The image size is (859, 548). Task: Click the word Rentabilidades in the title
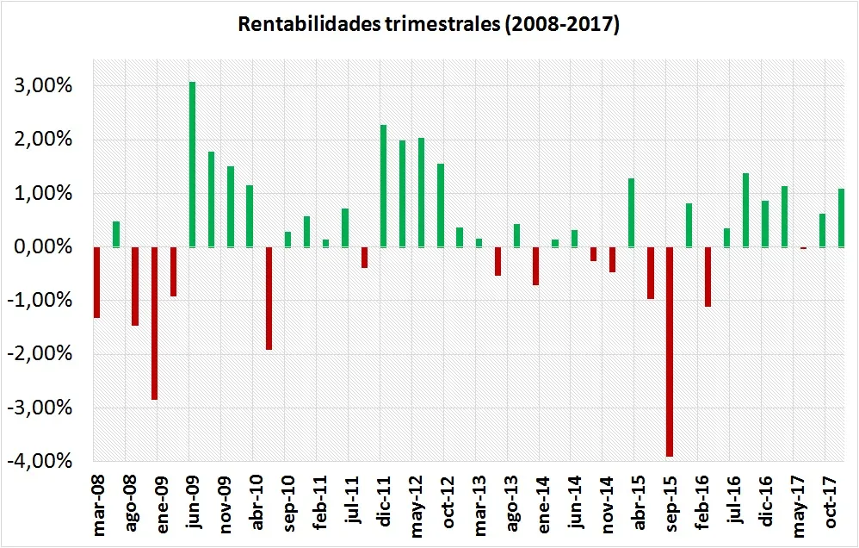coord(306,24)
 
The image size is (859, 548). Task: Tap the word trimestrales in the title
coord(439,24)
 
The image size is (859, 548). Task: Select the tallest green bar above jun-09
coord(192,165)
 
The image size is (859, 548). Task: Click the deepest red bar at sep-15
coord(670,352)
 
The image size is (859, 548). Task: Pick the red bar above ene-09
coord(154,323)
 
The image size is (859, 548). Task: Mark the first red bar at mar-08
coord(97,283)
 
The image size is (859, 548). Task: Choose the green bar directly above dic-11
coord(384,186)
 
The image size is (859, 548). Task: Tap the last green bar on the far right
coord(842,218)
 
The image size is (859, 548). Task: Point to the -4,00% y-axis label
coord(39,461)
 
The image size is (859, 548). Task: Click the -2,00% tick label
coord(39,354)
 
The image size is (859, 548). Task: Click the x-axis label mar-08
coord(99,503)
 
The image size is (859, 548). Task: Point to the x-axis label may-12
coord(417,504)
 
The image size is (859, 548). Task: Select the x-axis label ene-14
coord(544,502)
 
